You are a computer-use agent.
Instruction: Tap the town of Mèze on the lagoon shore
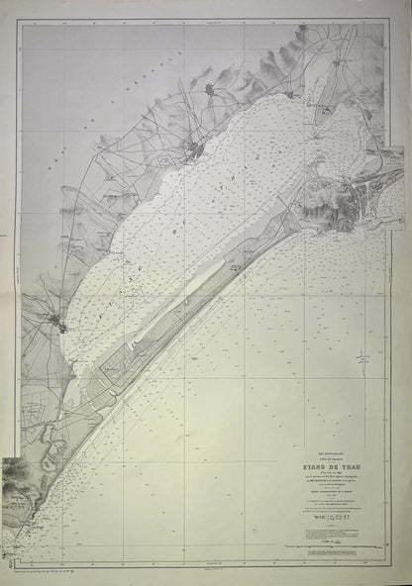(x=195, y=149)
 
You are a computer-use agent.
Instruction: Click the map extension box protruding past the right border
(x=391, y=164)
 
